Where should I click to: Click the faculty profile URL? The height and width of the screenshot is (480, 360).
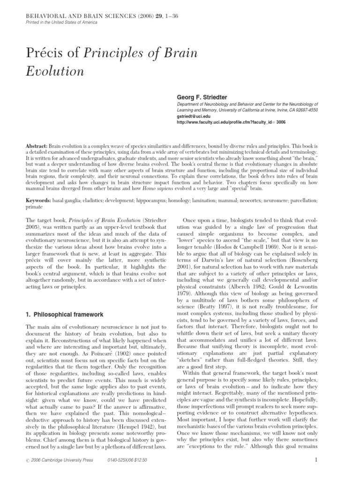coord(231,122)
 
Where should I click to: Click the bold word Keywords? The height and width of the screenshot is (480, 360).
coord(36,200)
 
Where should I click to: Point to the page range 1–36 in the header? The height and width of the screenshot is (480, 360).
coord(168,17)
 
